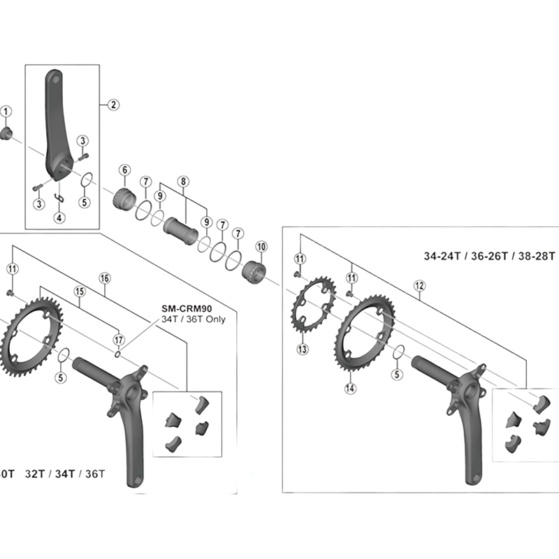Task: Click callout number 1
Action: [x=6, y=111]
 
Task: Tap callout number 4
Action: [x=59, y=217]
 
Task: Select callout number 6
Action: [x=125, y=170]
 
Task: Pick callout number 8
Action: [x=184, y=181]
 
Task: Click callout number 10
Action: [x=261, y=246]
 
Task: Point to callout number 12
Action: [x=419, y=285]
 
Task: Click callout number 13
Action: [x=303, y=349]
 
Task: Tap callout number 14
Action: [x=350, y=388]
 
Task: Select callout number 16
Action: [x=105, y=278]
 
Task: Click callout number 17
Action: [x=119, y=340]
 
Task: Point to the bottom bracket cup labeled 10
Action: [x=256, y=270]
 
